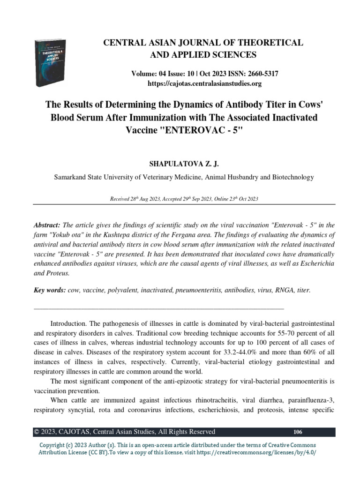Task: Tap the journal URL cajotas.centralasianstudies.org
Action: pos(203,84)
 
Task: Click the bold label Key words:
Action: pos(50,291)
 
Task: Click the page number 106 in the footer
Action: pos(297,432)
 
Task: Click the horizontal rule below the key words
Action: pos(159,308)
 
